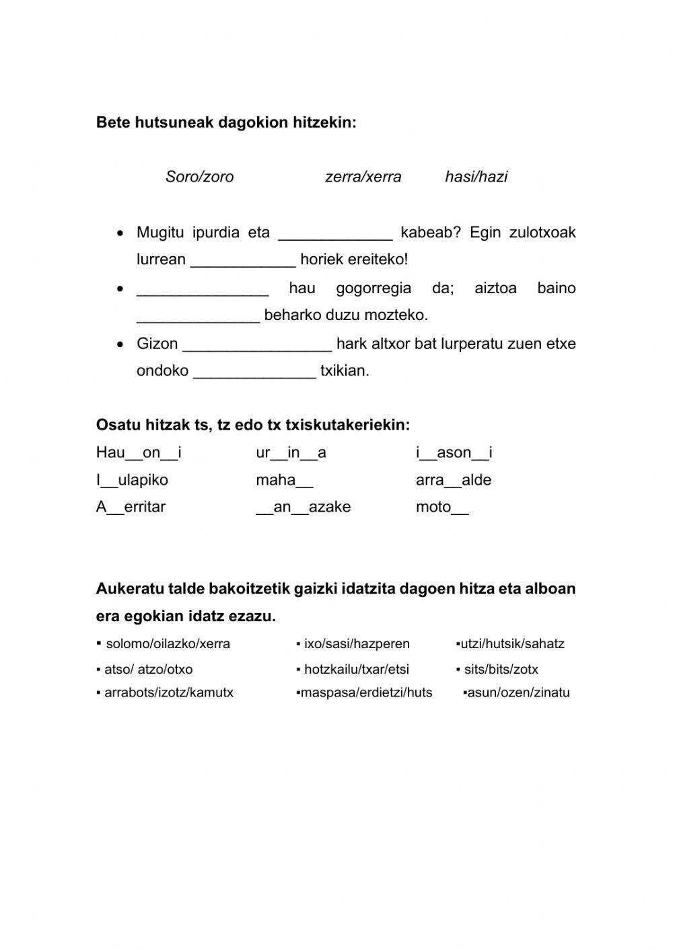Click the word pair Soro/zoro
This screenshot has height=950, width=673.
(x=199, y=177)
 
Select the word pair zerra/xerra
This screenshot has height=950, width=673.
(x=363, y=177)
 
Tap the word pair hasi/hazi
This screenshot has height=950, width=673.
(x=476, y=177)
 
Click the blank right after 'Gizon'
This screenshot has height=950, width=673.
(x=257, y=345)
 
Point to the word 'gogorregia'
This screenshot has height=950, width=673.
(x=374, y=288)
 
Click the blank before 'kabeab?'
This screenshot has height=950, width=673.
(x=335, y=233)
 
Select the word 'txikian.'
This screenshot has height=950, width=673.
(x=345, y=371)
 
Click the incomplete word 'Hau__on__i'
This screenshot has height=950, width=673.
(x=139, y=453)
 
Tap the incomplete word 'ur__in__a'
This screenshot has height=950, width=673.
(x=291, y=453)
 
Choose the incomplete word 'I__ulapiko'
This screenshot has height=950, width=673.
(x=132, y=480)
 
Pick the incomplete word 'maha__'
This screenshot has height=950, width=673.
(x=284, y=480)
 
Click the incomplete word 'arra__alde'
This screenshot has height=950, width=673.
(x=454, y=480)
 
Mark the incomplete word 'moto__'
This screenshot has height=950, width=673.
(x=441, y=507)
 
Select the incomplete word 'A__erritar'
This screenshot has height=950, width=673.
(x=131, y=507)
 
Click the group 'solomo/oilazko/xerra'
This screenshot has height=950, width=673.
(x=168, y=644)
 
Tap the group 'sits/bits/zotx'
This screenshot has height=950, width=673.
(x=501, y=670)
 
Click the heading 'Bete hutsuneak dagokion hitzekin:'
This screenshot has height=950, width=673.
(x=226, y=122)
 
